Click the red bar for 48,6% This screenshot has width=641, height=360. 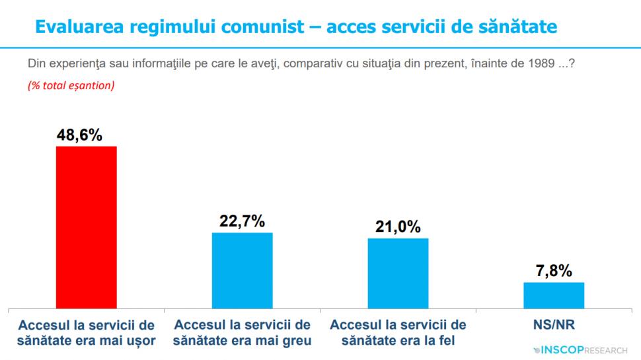pyautogui.click(x=86, y=227)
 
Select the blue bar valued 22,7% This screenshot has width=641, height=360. pyautogui.click(x=242, y=270)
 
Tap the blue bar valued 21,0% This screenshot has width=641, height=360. pyautogui.click(x=398, y=273)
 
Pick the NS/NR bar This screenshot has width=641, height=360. pyautogui.click(x=554, y=295)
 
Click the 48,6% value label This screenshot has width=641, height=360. pyautogui.click(x=79, y=135)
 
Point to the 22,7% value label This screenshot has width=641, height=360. pyautogui.click(x=242, y=222)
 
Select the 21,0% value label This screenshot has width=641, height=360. pyautogui.click(x=398, y=227)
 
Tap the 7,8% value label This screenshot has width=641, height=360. pyautogui.click(x=554, y=271)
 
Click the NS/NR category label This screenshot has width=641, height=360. pyautogui.click(x=554, y=326)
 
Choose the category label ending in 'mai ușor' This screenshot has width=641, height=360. pyautogui.click(x=87, y=333)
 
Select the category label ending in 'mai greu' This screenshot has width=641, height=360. pyautogui.click(x=242, y=333)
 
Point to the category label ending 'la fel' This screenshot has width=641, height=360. pyautogui.click(x=398, y=333)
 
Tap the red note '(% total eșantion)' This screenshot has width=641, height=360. pyautogui.click(x=71, y=86)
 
